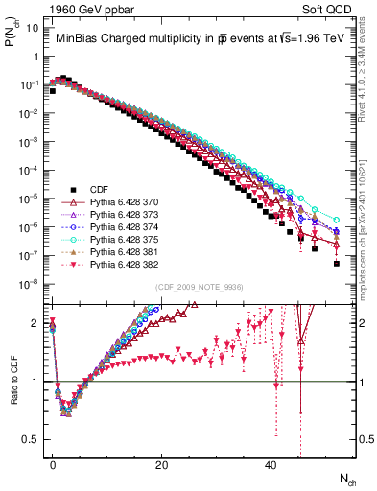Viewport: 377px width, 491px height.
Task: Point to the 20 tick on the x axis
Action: (161, 464)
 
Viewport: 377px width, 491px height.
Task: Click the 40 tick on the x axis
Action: (271, 464)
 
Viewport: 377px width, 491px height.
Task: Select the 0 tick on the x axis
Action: (53, 464)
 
